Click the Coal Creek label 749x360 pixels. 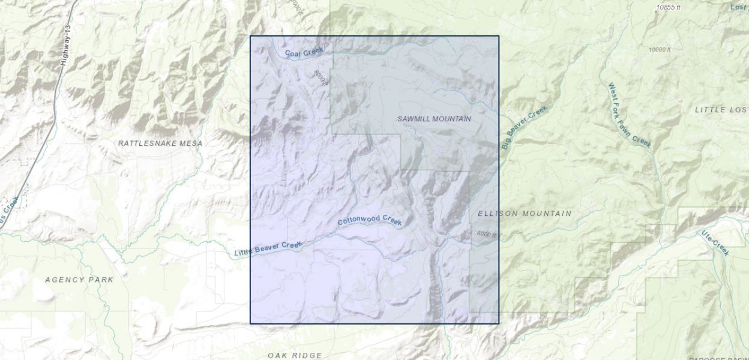304,53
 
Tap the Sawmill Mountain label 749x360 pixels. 434,119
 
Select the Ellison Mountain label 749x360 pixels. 525,214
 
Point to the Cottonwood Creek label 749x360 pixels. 369,220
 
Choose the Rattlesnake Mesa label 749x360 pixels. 160,143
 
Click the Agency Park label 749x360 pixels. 79,280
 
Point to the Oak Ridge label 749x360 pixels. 295,355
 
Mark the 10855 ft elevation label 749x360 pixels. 668,7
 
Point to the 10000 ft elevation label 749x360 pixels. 661,49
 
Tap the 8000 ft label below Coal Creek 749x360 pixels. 320,77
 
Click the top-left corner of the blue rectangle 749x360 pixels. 250,36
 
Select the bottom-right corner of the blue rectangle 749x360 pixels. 499,324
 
